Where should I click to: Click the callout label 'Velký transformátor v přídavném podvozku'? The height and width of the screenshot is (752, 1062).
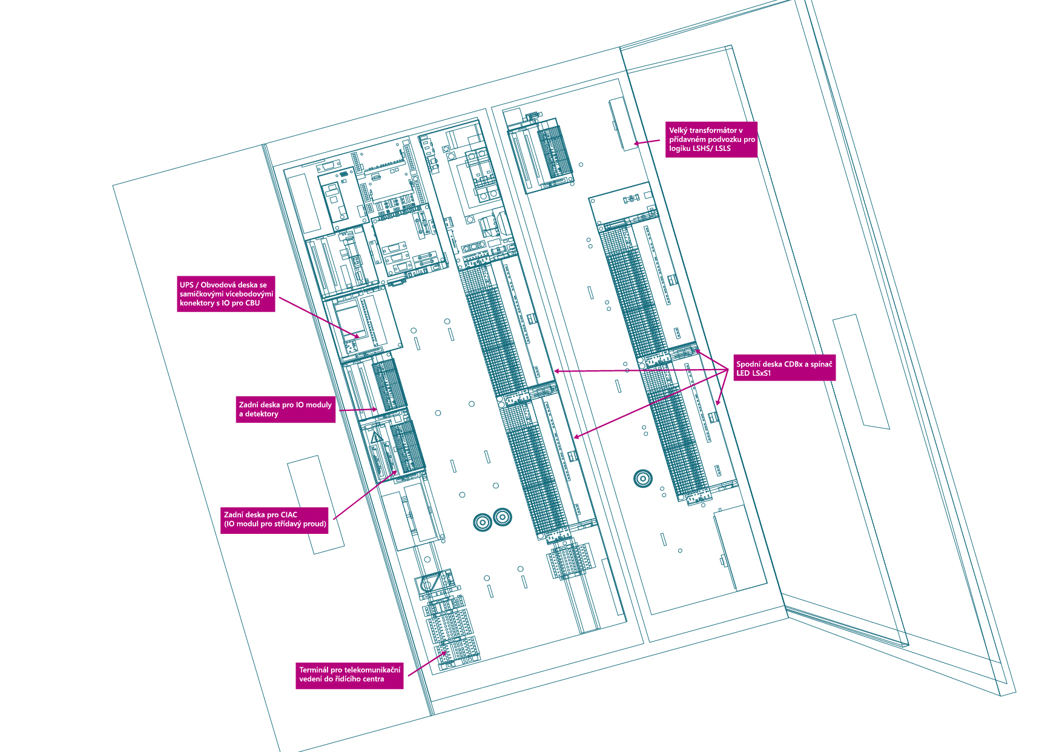pos(711,139)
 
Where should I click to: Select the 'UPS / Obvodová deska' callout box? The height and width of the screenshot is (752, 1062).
pos(226,294)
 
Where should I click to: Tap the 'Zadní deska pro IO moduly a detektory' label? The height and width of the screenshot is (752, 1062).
pos(285,409)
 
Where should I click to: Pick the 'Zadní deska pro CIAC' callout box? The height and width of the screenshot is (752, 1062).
pos(275,519)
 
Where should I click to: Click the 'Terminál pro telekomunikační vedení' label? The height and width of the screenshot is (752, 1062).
pos(349,674)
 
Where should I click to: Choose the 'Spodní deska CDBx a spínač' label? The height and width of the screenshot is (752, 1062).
pos(784,368)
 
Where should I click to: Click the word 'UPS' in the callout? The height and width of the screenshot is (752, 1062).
pos(186,285)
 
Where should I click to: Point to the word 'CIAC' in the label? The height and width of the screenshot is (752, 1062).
pos(289,515)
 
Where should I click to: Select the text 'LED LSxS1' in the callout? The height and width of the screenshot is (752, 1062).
pos(753,373)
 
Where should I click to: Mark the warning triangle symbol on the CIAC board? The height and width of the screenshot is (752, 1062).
pos(377,437)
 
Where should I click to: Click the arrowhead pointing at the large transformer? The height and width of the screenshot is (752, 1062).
pos(636,144)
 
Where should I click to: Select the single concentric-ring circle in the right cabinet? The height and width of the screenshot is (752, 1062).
pos(642,479)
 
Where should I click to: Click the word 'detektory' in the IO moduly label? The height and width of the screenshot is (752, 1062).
pos(262,414)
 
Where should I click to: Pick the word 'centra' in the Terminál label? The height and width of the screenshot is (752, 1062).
pos(373,679)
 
